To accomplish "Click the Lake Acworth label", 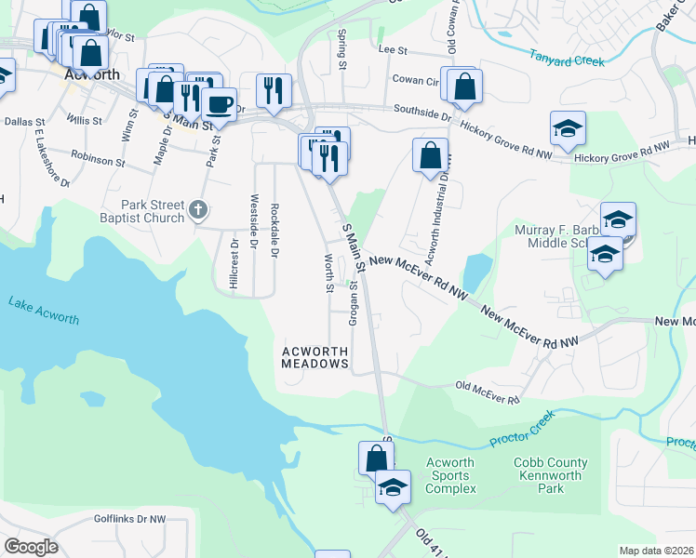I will pos(44,311).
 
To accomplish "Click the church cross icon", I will pos(197,210).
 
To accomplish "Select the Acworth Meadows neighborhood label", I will pos(315,357).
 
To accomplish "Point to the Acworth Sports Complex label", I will pos(450,475).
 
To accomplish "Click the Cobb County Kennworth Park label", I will pos(551,475).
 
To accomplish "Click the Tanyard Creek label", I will pos(568,59).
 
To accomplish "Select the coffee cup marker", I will pos(220,104).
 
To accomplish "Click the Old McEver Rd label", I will pos(487,392).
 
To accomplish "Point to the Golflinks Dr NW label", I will pos(128,519).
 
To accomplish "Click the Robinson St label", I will pos(97,160).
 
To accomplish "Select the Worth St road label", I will pos(328,272).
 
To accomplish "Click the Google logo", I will pos(31,547).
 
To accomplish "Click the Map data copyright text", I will pos(656,551).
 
